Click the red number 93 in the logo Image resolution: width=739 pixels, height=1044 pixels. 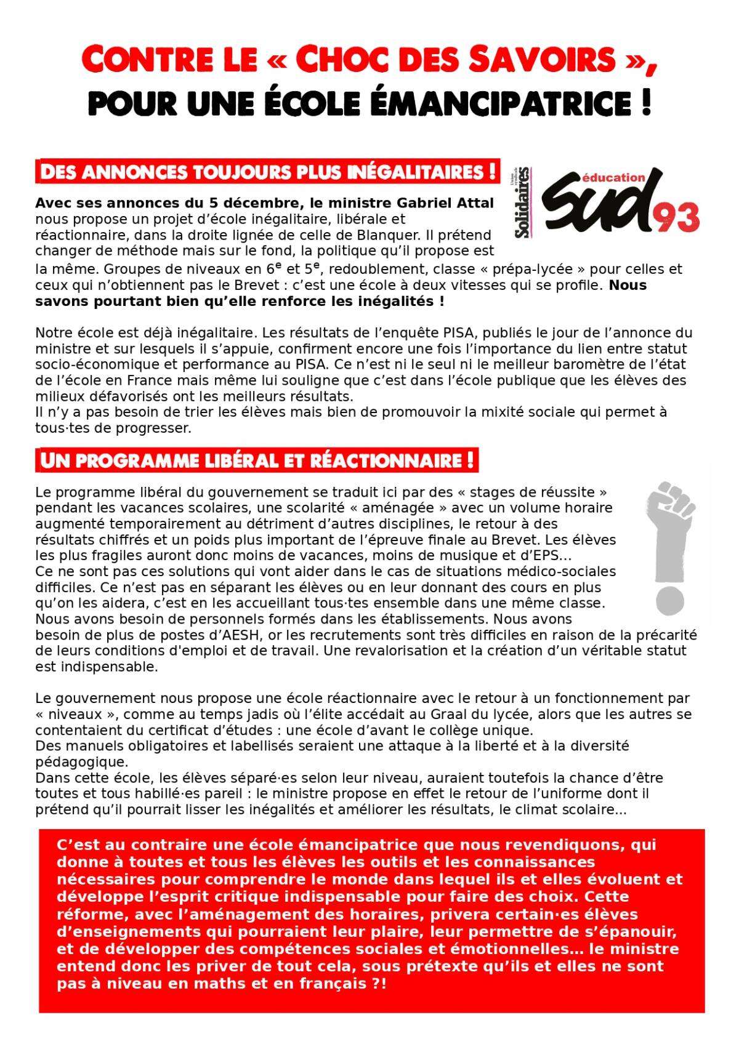pyautogui.click(x=676, y=217)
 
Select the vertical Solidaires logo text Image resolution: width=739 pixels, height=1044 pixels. pyautogui.click(x=523, y=203)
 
